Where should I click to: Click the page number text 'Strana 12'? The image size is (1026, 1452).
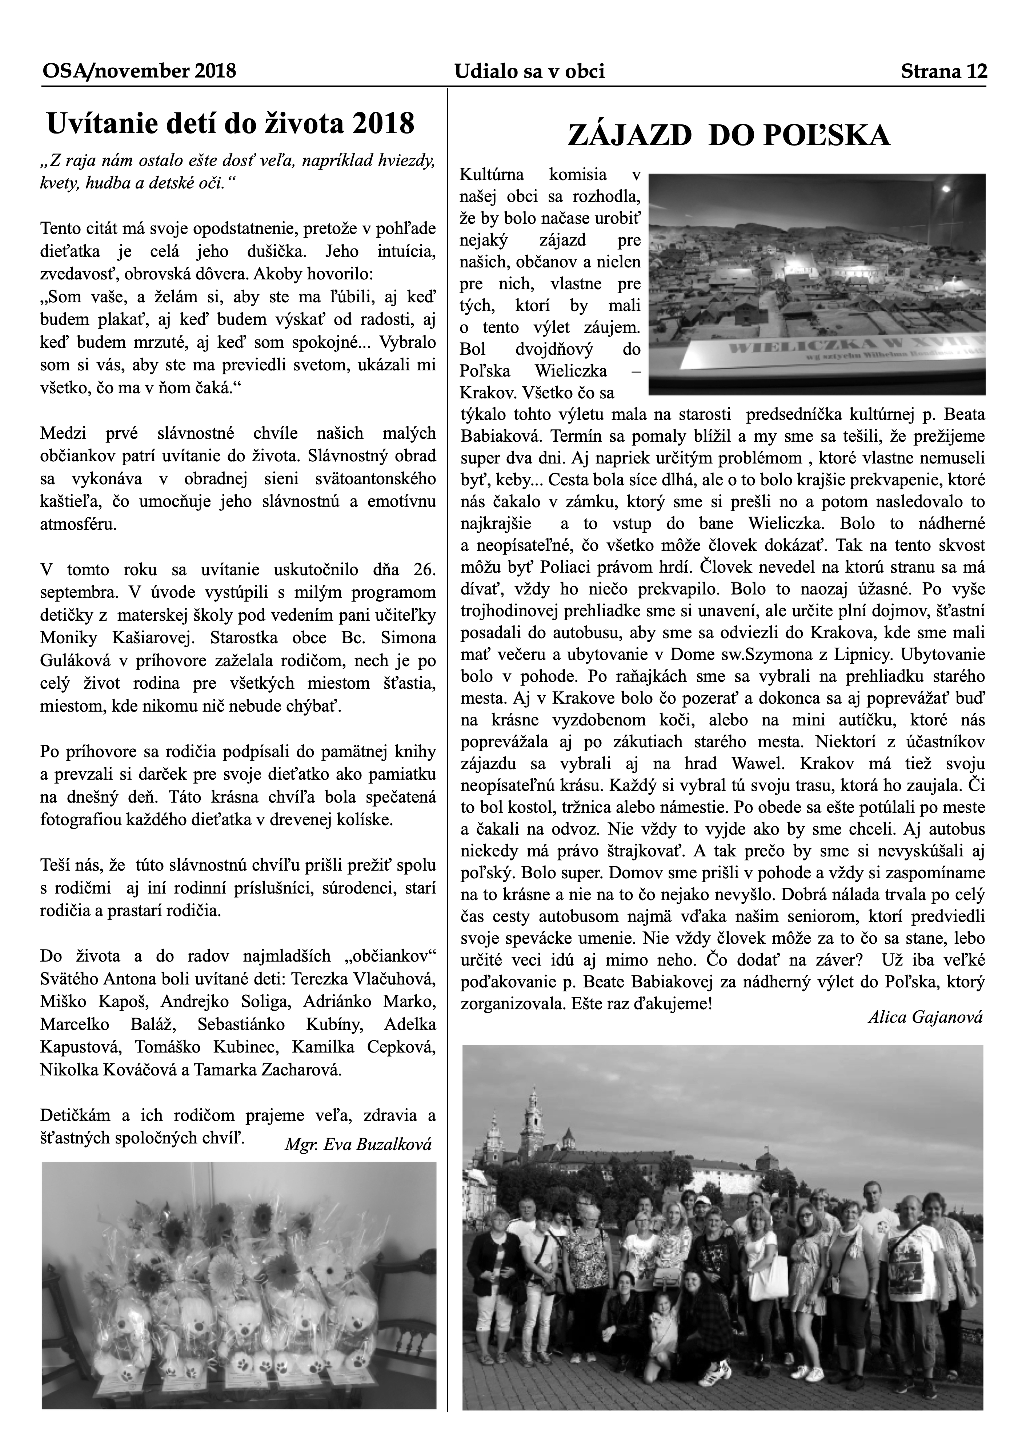pos(943,71)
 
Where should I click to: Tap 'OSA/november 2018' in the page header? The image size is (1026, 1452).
pos(139,71)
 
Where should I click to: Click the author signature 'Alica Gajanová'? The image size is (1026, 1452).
pos(926,1017)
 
